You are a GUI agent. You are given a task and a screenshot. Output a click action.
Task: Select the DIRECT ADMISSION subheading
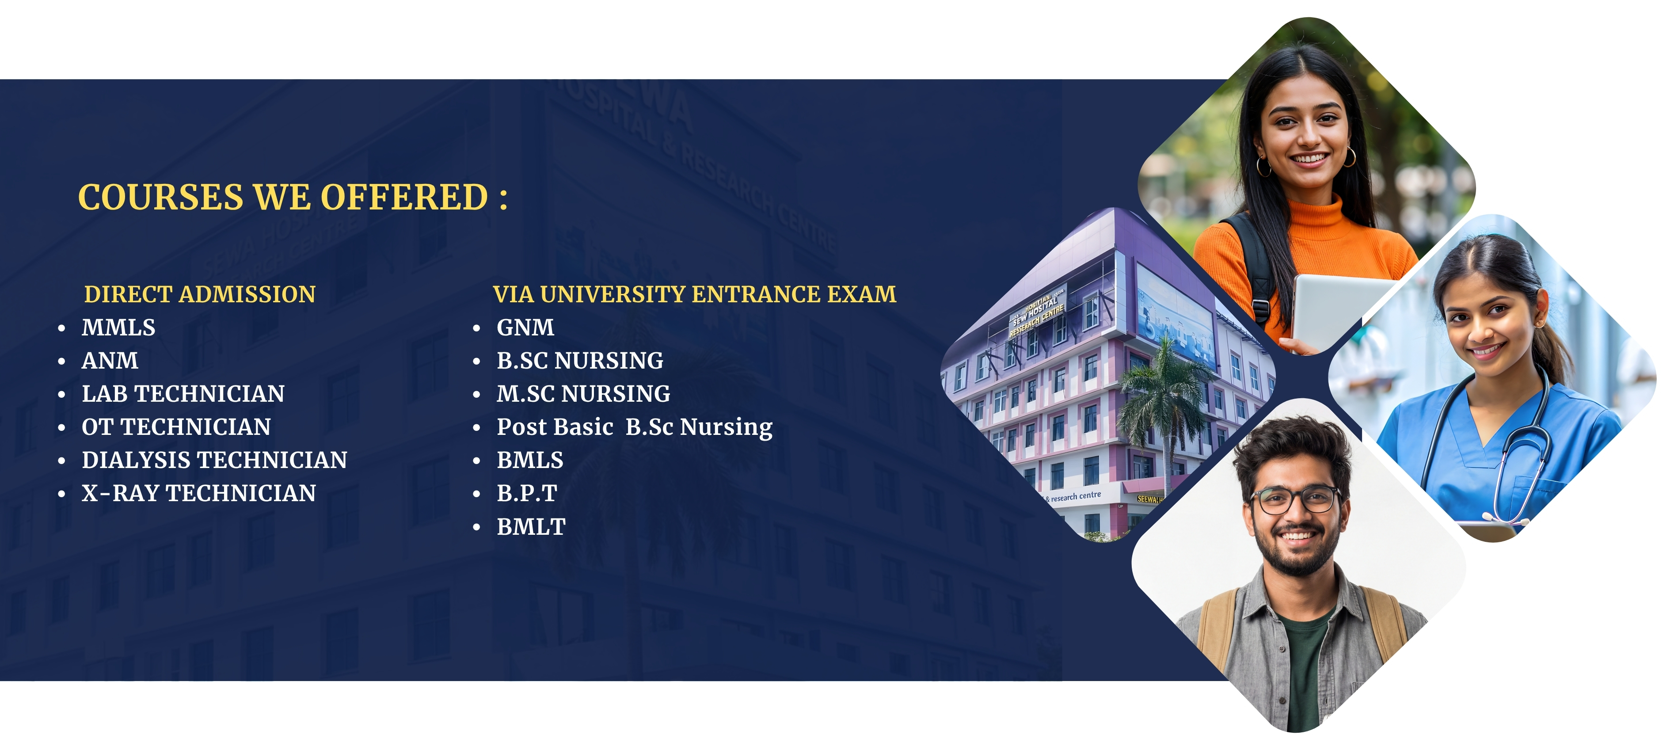coord(199,294)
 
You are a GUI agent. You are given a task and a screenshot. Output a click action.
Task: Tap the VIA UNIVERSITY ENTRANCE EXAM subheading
coord(694,294)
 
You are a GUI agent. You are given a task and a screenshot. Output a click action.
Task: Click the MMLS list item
coord(118,327)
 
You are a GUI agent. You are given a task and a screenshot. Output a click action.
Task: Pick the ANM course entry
coord(110,361)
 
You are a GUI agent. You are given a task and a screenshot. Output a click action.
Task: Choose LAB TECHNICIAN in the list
coord(183,394)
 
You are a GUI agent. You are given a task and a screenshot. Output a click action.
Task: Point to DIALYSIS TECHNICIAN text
coord(214,460)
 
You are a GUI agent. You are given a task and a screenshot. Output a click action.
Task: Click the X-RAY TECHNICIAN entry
coord(198,493)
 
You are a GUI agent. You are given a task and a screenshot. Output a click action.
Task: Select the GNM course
coord(525,327)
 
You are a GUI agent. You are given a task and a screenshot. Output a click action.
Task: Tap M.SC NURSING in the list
coord(583,394)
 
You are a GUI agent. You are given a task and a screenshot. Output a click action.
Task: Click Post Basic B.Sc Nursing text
coord(634,427)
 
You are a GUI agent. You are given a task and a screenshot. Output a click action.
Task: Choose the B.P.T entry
coord(526,493)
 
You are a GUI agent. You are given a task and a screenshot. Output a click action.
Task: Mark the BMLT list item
coord(531,526)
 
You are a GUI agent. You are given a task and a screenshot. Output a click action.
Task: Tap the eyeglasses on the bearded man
coord(1295,499)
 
